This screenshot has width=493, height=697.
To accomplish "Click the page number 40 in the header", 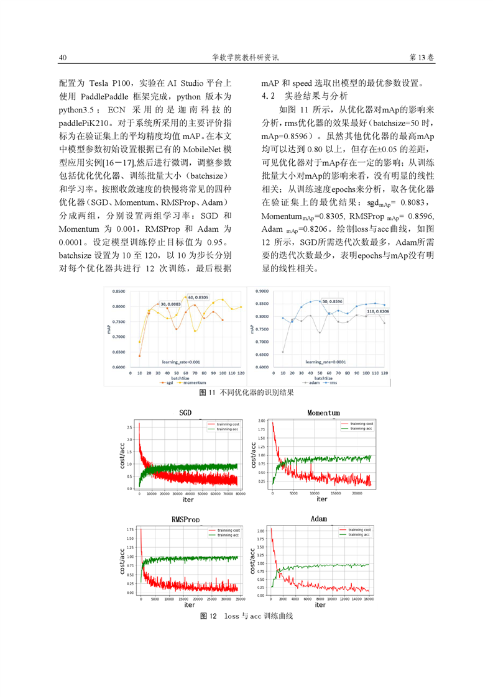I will [x=62, y=58].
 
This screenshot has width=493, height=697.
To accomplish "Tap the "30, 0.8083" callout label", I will [x=171, y=304].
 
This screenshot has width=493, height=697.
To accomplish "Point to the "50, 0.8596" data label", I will [x=333, y=302].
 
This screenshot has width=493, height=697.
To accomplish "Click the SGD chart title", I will [x=185, y=412].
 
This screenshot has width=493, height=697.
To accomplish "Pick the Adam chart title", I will [x=318, y=519].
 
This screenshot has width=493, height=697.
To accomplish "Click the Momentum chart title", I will [x=323, y=412].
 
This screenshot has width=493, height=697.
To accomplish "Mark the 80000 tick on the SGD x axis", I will [x=241, y=494].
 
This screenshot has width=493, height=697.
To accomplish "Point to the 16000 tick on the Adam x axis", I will [x=369, y=599].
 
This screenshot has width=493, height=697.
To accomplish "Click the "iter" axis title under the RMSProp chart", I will [x=190, y=604].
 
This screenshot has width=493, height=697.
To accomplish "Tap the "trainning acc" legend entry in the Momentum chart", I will [x=361, y=429].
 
